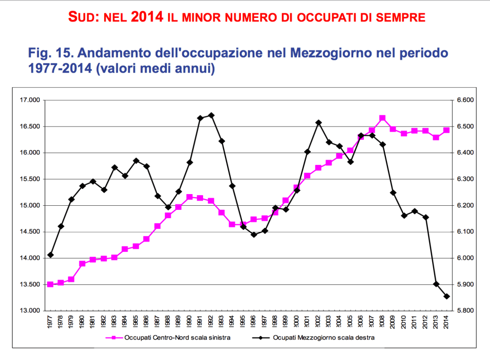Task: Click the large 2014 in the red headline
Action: coord(147,17)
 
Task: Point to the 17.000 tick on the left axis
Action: coord(29,100)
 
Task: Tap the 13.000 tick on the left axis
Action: coord(29,310)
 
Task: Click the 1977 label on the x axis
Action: coord(50,323)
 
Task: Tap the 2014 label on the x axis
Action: coord(447,323)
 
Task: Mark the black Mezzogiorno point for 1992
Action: coord(211,115)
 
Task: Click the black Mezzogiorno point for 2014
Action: coord(447,296)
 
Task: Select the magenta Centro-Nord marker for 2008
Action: coord(382,118)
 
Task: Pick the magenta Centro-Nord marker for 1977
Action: coord(50,284)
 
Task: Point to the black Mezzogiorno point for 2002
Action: coord(318,123)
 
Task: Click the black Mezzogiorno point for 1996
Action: coord(254,235)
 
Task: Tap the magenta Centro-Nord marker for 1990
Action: coord(189,197)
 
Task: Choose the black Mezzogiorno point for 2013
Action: coord(436,284)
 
